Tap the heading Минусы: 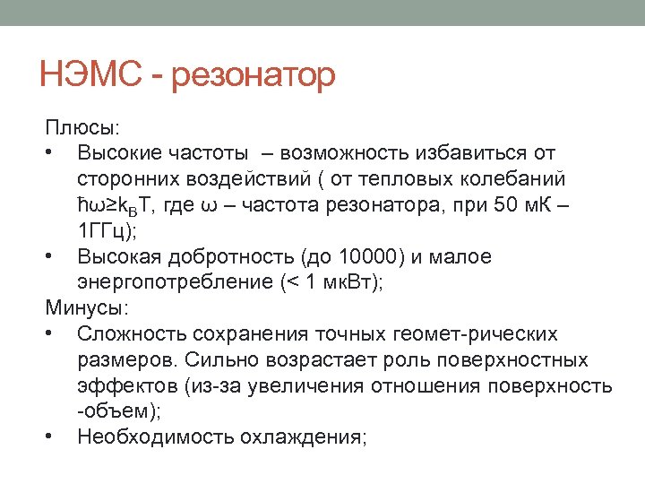pos(87,308)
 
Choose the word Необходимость pos(156,437)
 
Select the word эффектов pos(126,386)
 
